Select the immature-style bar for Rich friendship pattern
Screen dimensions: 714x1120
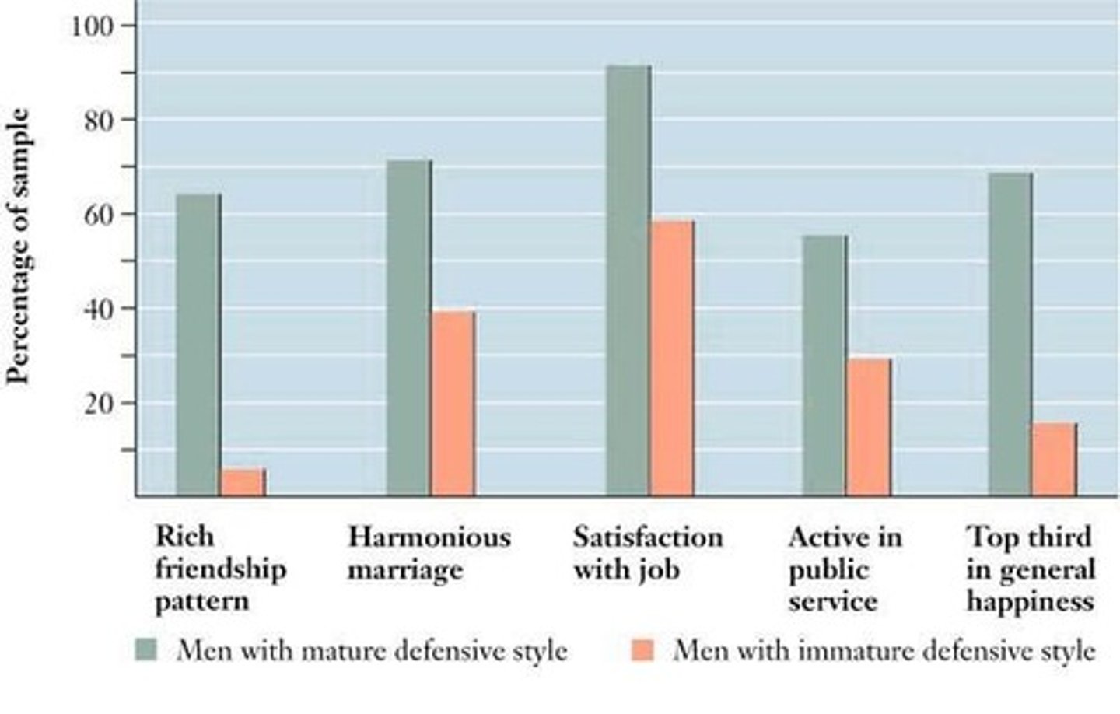pos(243,482)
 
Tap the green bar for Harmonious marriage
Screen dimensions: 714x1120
pos(408,327)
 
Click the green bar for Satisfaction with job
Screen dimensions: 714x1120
pos(628,280)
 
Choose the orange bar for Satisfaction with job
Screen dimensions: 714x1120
pos(672,358)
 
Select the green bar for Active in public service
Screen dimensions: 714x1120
pos(824,366)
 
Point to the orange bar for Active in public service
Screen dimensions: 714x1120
pos(869,427)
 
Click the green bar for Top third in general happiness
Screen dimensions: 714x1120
pos(1010,334)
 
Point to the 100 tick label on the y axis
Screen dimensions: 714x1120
pos(93,26)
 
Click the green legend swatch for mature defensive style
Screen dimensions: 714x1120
pos(145,649)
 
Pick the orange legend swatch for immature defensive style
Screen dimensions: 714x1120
pos(643,649)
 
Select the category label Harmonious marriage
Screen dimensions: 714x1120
pos(429,553)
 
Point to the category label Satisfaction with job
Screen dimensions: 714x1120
pos(647,553)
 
